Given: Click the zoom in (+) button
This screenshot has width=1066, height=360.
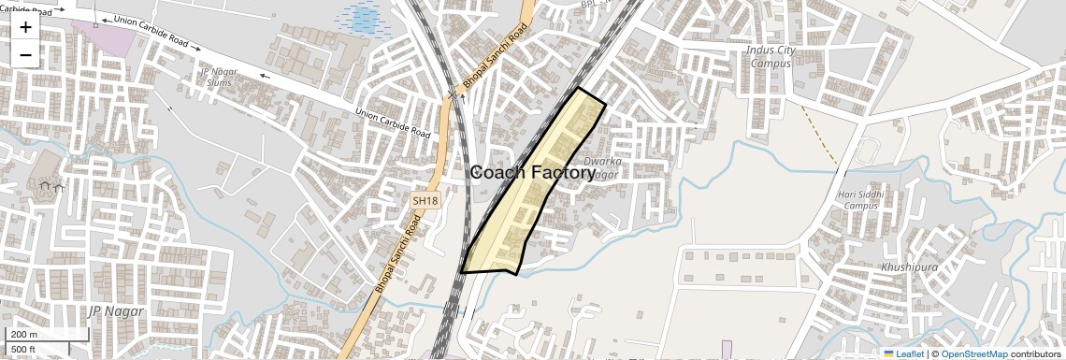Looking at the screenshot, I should (x=25, y=27).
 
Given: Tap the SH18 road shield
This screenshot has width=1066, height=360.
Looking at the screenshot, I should (x=425, y=200).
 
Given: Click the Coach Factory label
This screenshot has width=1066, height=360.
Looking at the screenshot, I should (x=532, y=172).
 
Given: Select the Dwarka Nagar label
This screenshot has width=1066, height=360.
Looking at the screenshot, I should (x=602, y=167).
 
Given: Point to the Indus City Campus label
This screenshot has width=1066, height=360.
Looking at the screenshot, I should (x=771, y=56).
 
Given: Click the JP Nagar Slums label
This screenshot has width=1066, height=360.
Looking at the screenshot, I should (x=220, y=77).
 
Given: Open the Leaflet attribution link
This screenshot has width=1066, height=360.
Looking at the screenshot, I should (x=903, y=353).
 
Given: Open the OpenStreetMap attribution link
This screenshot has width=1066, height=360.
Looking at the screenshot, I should (x=974, y=353).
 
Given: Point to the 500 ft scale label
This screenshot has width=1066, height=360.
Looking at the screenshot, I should (x=23, y=350).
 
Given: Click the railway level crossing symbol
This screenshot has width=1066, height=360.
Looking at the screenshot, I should (x=454, y=94).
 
